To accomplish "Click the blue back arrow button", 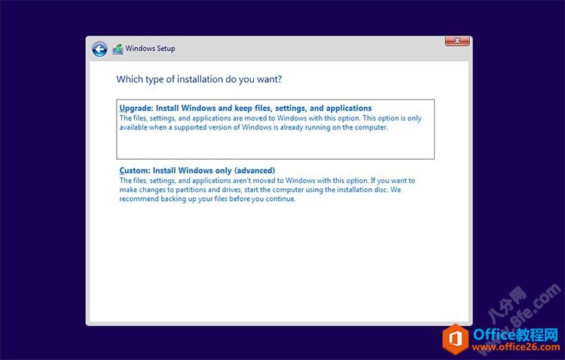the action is click(x=99, y=49).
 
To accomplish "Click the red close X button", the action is click(x=457, y=41).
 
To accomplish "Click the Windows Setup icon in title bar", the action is click(x=118, y=49).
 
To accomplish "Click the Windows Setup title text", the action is click(x=150, y=48).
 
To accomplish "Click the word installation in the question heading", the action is click(x=200, y=79).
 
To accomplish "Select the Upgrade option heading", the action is click(x=246, y=108).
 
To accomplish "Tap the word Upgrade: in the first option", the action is click(x=136, y=108).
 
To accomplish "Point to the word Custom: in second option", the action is click(x=134, y=170).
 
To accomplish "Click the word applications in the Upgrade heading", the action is click(x=349, y=108).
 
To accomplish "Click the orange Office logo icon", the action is click(x=457, y=339).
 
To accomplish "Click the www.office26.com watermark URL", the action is click(x=515, y=347).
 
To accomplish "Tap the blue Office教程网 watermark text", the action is click(x=516, y=334).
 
